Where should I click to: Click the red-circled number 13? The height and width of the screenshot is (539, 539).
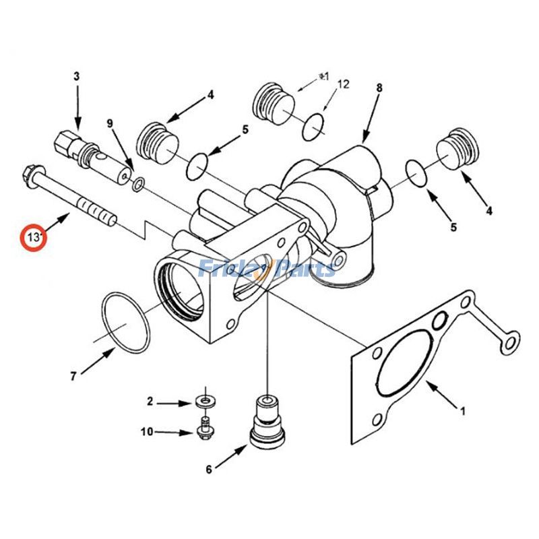click(x=33, y=236)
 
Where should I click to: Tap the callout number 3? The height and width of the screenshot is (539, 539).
click(x=76, y=77)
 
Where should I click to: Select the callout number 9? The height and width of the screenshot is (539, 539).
click(x=110, y=123)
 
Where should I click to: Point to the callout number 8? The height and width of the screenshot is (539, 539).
click(x=379, y=88)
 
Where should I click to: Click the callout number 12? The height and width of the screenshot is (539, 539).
click(x=344, y=84)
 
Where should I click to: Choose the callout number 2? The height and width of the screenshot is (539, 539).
click(x=150, y=403)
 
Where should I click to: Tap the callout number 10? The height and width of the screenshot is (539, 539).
click(x=148, y=431)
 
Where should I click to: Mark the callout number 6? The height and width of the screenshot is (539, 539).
click(x=209, y=469)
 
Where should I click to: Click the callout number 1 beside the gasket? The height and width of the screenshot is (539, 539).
click(x=463, y=409)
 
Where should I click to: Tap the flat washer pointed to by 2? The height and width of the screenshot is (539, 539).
click(x=205, y=402)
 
